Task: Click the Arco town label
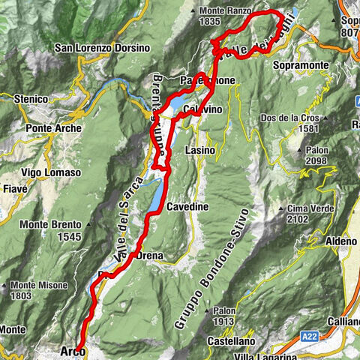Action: click(72, 350)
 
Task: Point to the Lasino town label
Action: click(199, 151)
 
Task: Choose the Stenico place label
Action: click(31, 98)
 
